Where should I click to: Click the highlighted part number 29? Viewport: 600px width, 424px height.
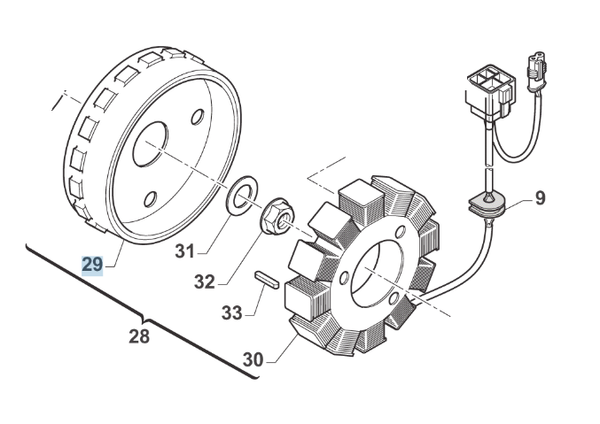(x=92, y=264)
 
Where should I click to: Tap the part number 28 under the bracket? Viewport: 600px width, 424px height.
(x=139, y=336)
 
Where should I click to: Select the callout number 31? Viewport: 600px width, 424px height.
(x=183, y=252)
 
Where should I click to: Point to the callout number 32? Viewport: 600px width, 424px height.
(x=204, y=282)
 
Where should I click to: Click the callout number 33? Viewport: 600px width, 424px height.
(x=231, y=312)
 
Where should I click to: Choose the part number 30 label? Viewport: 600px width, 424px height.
(x=253, y=360)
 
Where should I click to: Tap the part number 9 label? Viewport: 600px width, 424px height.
(x=540, y=199)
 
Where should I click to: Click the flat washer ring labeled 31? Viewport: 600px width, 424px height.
(x=239, y=198)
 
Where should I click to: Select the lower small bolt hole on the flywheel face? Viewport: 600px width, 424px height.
(x=150, y=200)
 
